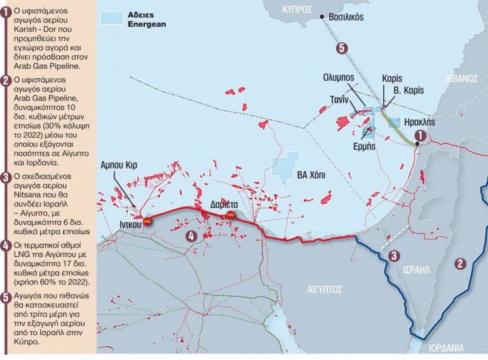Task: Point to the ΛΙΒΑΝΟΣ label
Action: [x=461, y=78]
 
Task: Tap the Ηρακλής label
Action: [x=418, y=120]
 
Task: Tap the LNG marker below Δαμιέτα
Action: [x=231, y=215]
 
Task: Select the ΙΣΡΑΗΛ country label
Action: [x=417, y=270]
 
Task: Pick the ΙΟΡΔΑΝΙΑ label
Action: [x=451, y=349]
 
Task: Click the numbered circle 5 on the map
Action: [x=341, y=48]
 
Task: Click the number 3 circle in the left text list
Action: [x=6, y=177]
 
